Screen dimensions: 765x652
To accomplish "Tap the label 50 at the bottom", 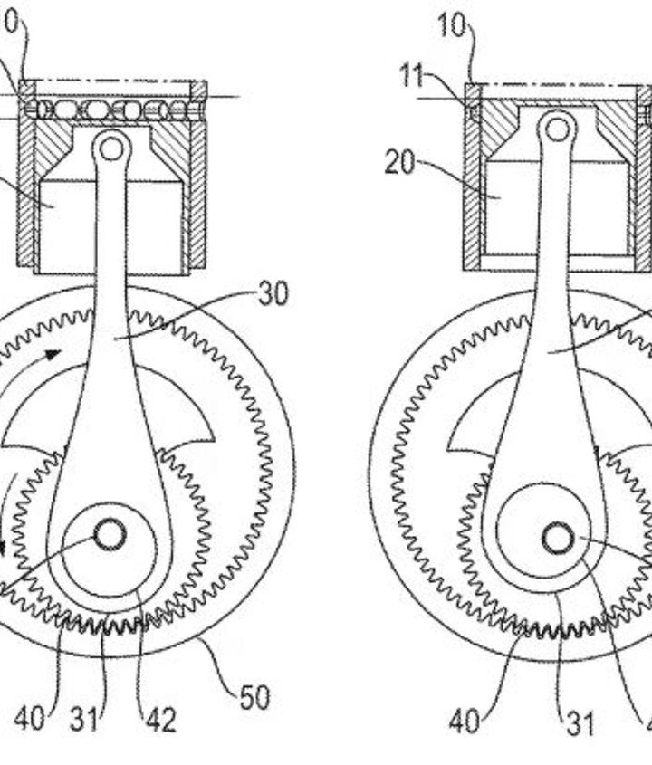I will (x=254, y=699).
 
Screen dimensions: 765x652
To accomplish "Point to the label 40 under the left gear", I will (x=31, y=721).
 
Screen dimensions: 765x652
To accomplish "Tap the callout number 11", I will (x=413, y=76).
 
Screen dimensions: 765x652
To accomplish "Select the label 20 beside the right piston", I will (x=400, y=164).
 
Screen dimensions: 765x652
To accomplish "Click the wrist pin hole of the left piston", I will (x=110, y=144).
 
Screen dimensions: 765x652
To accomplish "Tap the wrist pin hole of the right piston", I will (x=557, y=129).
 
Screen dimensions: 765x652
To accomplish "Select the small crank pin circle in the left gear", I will (x=110, y=536).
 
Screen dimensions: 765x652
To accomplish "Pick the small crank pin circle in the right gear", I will (x=557, y=540).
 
